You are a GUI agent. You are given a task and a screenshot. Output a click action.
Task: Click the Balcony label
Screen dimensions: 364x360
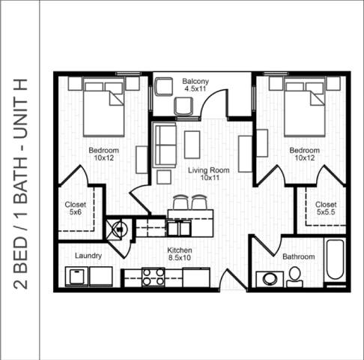[x=195, y=85]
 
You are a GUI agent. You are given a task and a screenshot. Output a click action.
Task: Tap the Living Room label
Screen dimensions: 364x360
[x=209, y=174]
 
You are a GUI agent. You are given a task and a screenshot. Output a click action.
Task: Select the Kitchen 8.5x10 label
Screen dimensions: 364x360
[x=180, y=253]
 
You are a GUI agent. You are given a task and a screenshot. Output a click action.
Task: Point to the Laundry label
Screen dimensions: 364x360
[x=88, y=256]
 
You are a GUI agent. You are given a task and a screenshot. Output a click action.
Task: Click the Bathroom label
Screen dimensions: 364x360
[x=299, y=256]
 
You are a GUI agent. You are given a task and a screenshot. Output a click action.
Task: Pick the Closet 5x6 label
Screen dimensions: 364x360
[x=76, y=208]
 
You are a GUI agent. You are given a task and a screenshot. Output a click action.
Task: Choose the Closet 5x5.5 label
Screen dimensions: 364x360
[x=326, y=208]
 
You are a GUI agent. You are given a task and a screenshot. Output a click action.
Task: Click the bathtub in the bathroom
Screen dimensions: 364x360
[x=335, y=259]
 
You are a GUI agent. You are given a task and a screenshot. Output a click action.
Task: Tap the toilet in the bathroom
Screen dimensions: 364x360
[x=294, y=277]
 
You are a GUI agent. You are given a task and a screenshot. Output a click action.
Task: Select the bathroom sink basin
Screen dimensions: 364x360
[x=270, y=279]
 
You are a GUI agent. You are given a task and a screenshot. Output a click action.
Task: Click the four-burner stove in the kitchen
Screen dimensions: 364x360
[x=154, y=277]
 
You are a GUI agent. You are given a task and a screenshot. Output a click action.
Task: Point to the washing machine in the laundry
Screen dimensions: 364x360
[x=77, y=276]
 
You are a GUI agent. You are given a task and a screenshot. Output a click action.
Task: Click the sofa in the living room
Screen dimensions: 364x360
[x=165, y=145]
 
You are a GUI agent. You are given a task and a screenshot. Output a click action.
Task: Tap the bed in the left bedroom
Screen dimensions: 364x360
[x=103, y=106]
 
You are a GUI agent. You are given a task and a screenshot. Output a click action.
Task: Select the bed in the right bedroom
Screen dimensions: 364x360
[x=305, y=106]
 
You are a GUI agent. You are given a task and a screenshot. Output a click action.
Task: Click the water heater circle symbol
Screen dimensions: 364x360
[x=120, y=229]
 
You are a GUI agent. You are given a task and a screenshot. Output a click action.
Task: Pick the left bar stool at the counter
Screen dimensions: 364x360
[x=180, y=202]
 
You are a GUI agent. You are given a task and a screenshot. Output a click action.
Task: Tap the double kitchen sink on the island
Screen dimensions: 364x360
[x=179, y=228]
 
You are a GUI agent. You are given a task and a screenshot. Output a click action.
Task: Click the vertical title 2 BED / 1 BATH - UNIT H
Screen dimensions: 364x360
[x=20, y=184]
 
